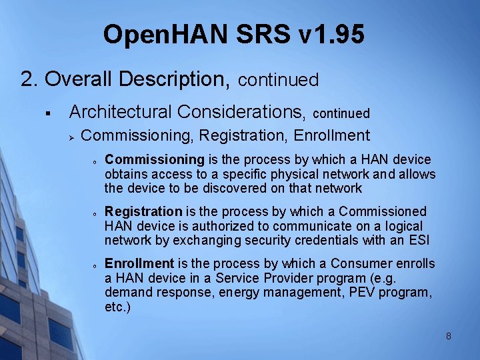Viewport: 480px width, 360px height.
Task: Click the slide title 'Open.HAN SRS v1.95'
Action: click(234, 34)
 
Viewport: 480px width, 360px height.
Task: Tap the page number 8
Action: click(449, 336)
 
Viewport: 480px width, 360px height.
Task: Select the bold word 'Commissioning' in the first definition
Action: click(155, 160)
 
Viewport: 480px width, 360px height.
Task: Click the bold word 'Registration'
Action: click(143, 212)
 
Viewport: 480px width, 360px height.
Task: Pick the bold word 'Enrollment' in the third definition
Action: click(139, 264)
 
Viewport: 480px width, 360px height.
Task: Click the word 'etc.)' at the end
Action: click(118, 307)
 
